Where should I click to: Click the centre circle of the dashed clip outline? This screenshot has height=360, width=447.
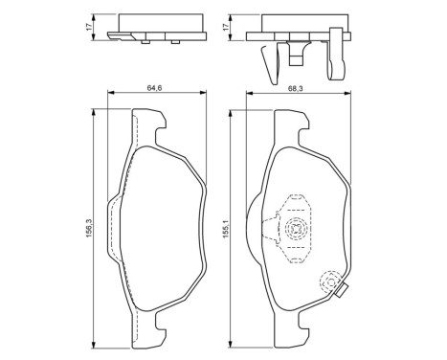(298, 229)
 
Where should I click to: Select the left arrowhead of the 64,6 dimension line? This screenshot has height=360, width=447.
(107, 93)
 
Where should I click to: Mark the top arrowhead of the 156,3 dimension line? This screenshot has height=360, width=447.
(93, 106)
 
